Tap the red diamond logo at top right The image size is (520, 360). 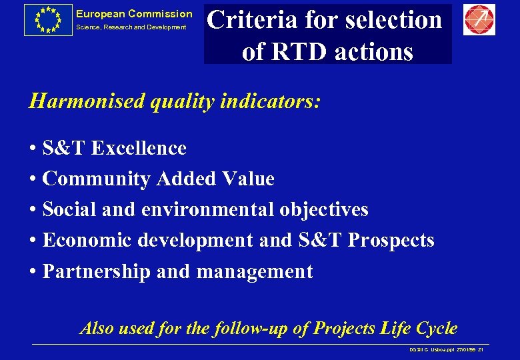pyautogui.click(x=479, y=19)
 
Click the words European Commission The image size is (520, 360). pyautogui.click(x=133, y=14)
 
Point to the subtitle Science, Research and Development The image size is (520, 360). pyautogui.click(x=131, y=27)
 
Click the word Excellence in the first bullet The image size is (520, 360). pyautogui.click(x=139, y=148)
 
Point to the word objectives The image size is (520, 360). pyautogui.click(x=323, y=209)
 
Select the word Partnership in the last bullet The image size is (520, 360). pyautogui.click(x=96, y=271)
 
